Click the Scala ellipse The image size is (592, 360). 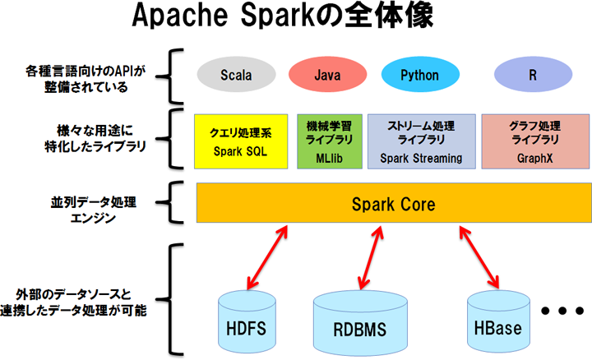pos(236,76)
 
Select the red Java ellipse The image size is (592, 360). pos(327,76)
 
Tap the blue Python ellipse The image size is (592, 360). pos(419,76)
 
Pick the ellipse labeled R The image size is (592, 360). pos(533,76)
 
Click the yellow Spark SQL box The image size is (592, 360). pos(240,141)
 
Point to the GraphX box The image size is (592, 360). pos(534,141)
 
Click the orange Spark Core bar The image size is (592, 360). pos(393,203)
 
